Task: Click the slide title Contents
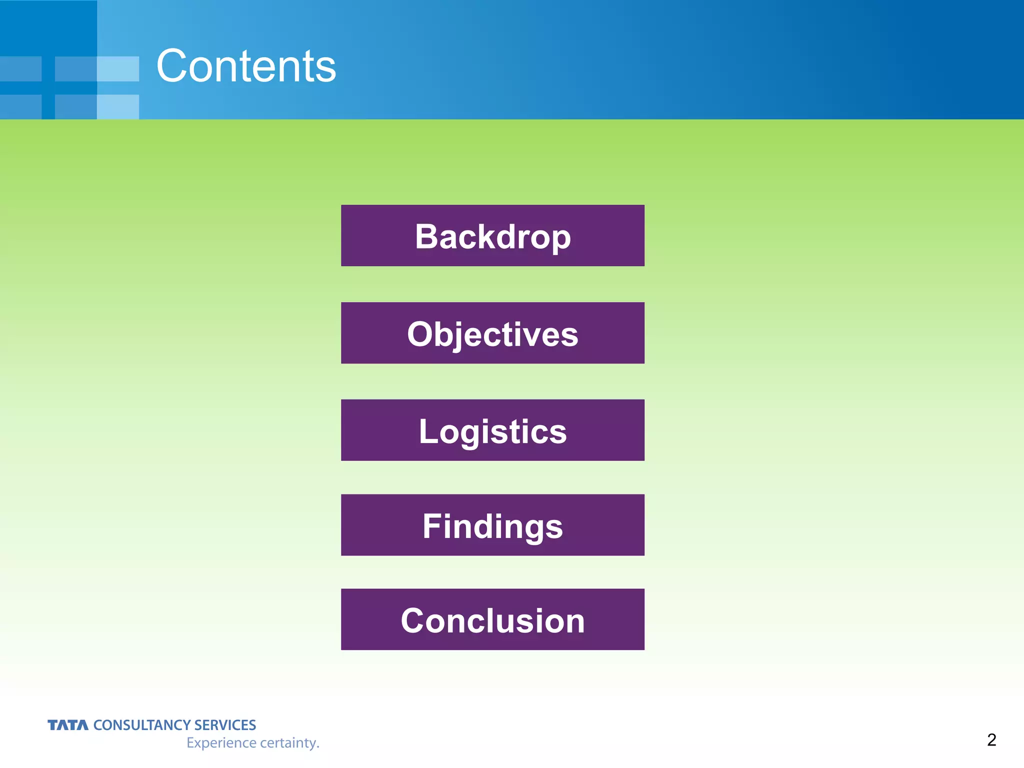(246, 66)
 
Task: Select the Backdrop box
(492, 235)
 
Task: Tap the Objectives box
(492, 333)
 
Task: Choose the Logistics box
(492, 430)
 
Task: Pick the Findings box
(492, 525)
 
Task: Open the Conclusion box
(492, 619)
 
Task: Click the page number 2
(991, 739)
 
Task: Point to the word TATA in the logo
(67, 725)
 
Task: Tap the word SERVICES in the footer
(225, 725)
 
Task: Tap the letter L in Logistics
(428, 431)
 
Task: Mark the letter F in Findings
(432, 526)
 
